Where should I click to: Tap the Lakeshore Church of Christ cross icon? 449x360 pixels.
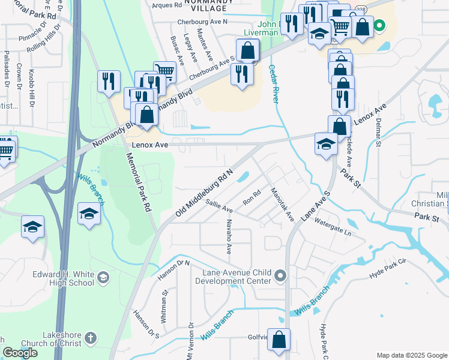(91, 338)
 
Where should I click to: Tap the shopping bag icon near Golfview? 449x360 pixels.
(279, 340)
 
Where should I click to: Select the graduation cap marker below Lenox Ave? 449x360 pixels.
(326, 144)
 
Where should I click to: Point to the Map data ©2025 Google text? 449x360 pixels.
(412, 355)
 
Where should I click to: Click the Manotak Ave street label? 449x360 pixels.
(281, 205)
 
